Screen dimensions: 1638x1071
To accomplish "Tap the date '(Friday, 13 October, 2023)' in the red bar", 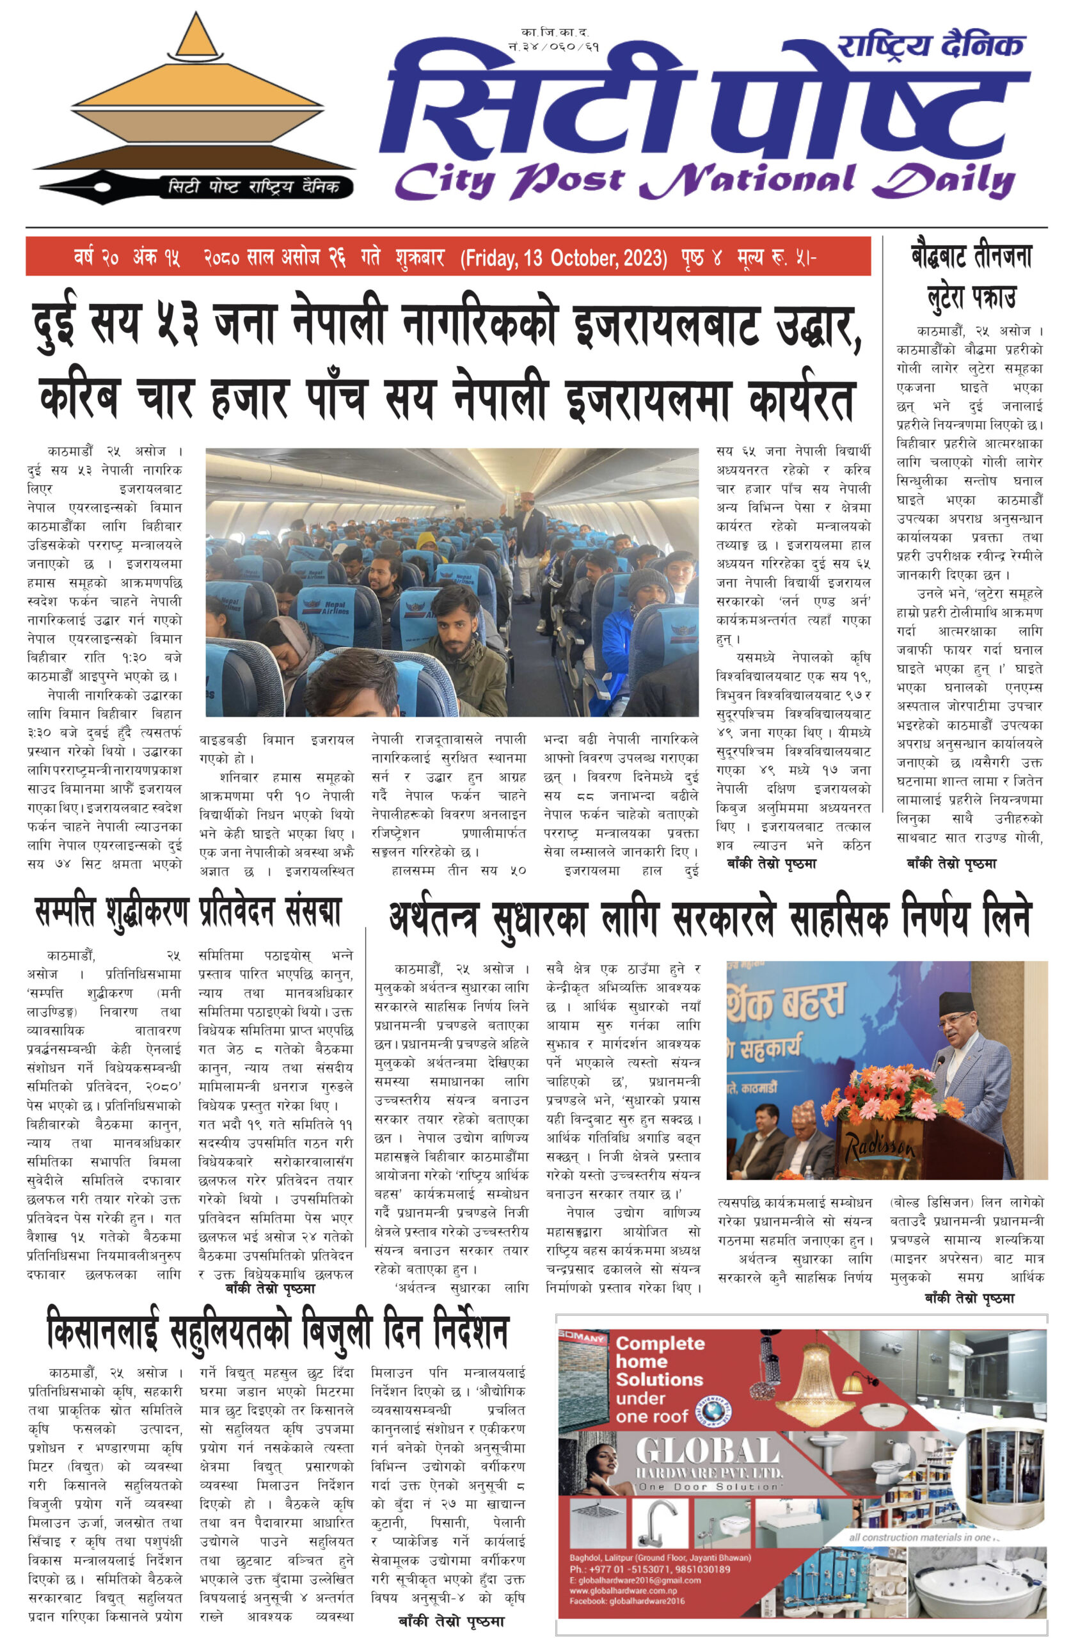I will (x=564, y=258).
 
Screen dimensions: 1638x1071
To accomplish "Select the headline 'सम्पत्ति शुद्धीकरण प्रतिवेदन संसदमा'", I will (x=188, y=911).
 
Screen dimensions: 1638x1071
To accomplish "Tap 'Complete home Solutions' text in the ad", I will (x=660, y=1362).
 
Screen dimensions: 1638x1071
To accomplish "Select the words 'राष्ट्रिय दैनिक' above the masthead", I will (x=931, y=46).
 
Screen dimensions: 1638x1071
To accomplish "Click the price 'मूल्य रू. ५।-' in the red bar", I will (x=777, y=258).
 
